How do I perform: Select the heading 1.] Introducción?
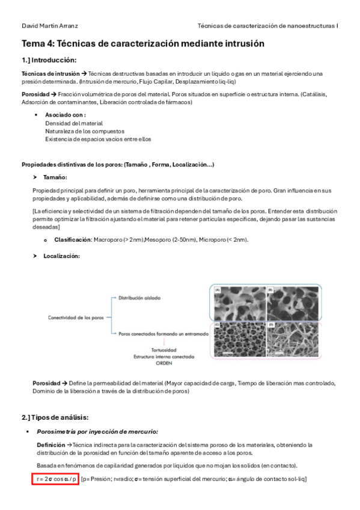click(49, 60)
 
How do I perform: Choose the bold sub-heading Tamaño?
click(55, 177)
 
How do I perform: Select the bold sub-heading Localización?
click(62, 256)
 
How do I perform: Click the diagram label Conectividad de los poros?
click(76, 317)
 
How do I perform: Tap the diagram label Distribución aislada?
click(139, 298)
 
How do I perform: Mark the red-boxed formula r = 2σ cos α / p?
click(56, 479)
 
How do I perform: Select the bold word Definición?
click(51, 444)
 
